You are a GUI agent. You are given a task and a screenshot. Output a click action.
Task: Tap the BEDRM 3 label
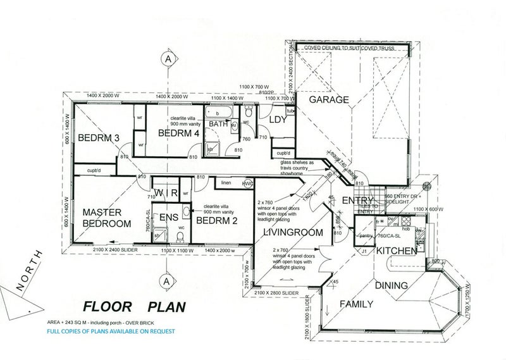99,138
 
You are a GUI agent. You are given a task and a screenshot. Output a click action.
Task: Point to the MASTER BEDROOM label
106,218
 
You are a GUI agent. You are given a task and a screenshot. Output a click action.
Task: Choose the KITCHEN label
397,251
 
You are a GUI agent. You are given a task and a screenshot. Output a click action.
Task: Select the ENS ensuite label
168,218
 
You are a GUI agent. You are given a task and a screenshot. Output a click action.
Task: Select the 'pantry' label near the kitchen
366,235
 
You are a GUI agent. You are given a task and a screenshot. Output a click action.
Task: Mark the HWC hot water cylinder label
248,184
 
